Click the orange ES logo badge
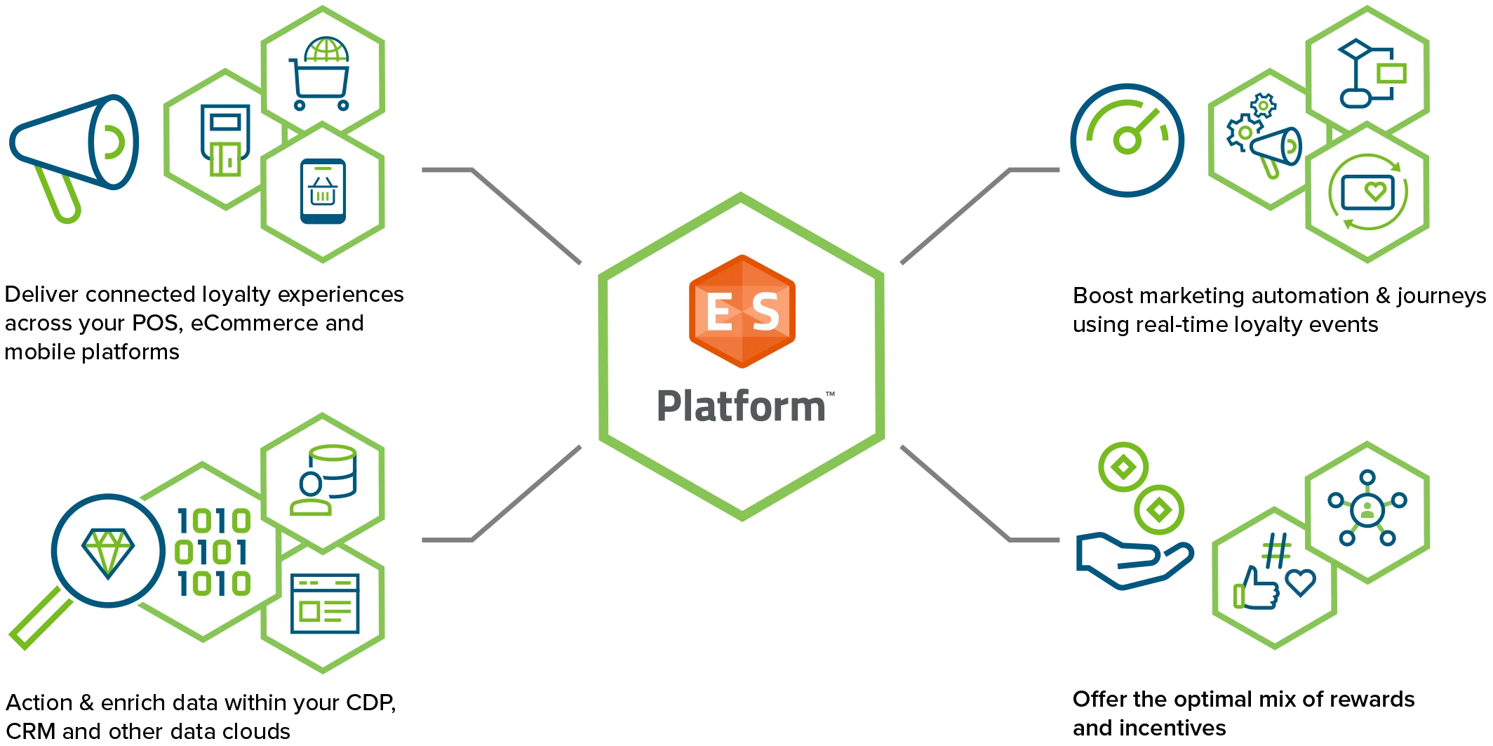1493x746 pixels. pyautogui.click(x=742, y=311)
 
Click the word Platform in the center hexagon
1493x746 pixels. pyautogui.click(x=741, y=406)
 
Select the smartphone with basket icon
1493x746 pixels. pyautogui.click(x=323, y=192)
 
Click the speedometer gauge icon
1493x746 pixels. pyautogui.click(x=1127, y=140)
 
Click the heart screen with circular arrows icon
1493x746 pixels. pyautogui.click(x=1367, y=192)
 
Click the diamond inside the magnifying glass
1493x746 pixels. pyautogui.click(x=108, y=552)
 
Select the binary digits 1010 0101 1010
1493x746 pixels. pyautogui.click(x=213, y=552)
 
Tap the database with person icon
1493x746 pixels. pyautogui.click(x=324, y=481)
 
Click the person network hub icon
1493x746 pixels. pyautogui.click(x=1367, y=509)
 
